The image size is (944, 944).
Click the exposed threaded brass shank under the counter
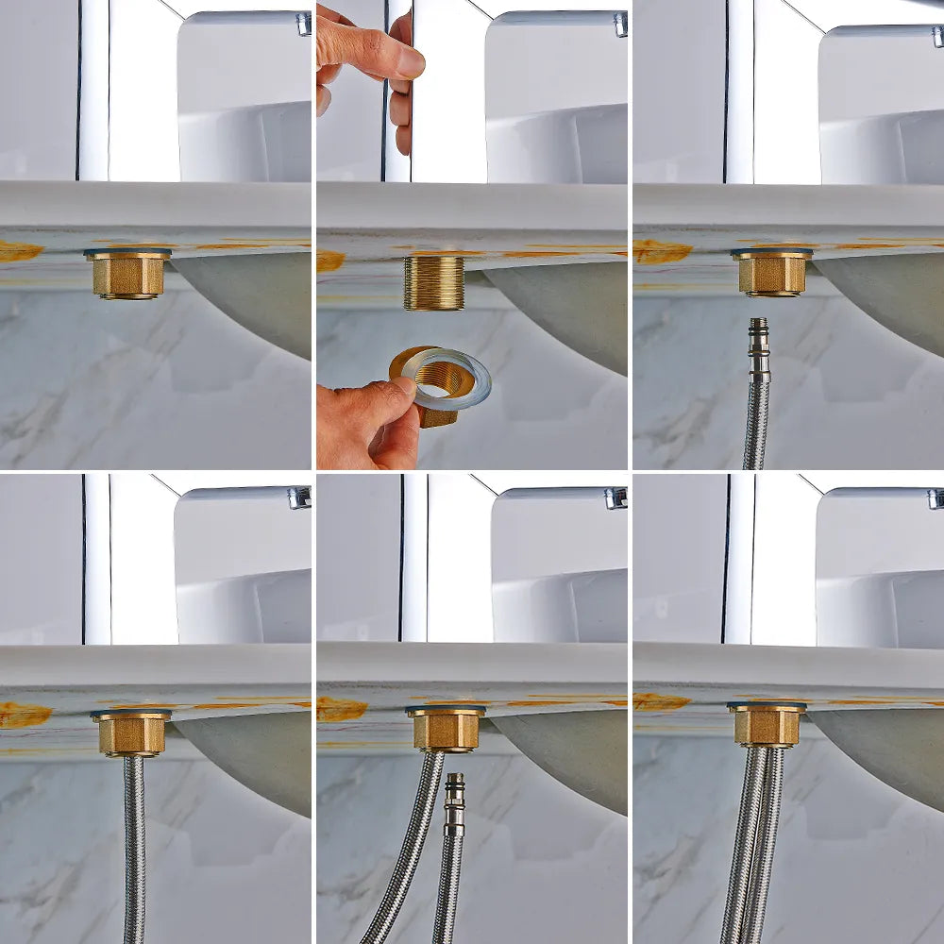[x=434, y=282]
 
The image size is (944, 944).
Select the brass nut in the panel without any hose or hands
[x=127, y=275]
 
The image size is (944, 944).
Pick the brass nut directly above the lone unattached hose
[x=771, y=273]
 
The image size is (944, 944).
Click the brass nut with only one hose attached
[x=131, y=733]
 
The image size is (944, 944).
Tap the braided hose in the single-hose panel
[x=134, y=850]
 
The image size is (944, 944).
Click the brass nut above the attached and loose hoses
[x=446, y=729]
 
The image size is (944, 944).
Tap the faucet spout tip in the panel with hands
[x=619, y=24]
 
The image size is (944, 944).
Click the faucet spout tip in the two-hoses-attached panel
[x=935, y=498]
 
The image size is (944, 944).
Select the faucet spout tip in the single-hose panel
[x=299, y=497]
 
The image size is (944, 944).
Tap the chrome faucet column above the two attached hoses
[x=738, y=557]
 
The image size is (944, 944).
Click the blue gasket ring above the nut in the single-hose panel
[x=131, y=713]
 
